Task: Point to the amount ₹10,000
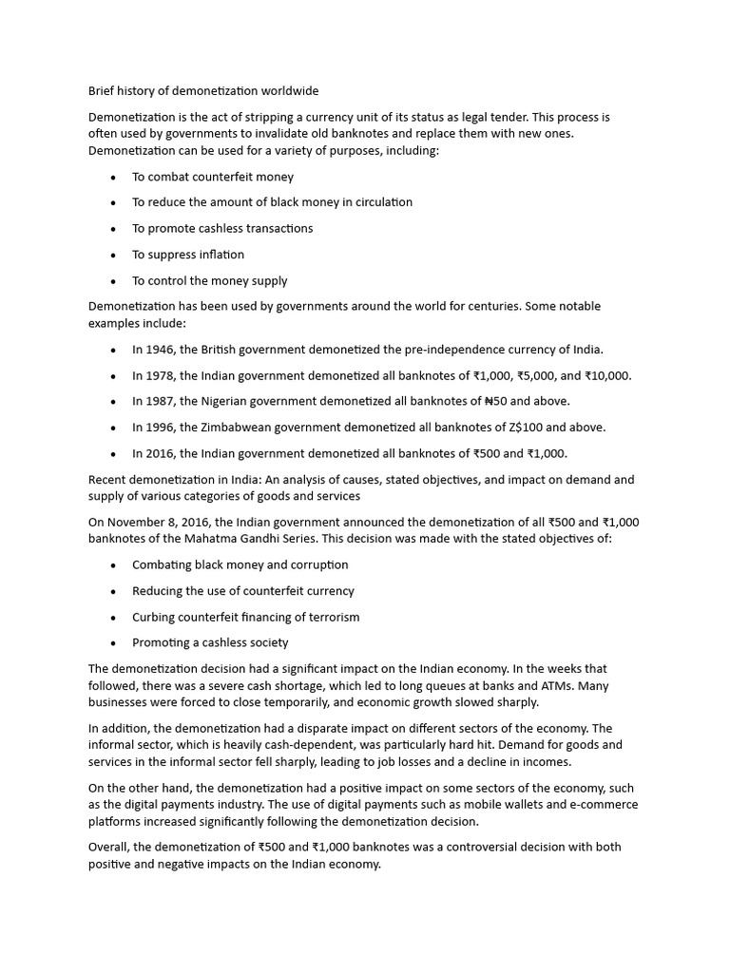[x=606, y=375]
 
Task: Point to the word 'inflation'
[x=221, y=255]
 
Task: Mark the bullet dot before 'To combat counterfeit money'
[x=113, y=177]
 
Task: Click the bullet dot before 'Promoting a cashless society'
[x=113, y=643]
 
